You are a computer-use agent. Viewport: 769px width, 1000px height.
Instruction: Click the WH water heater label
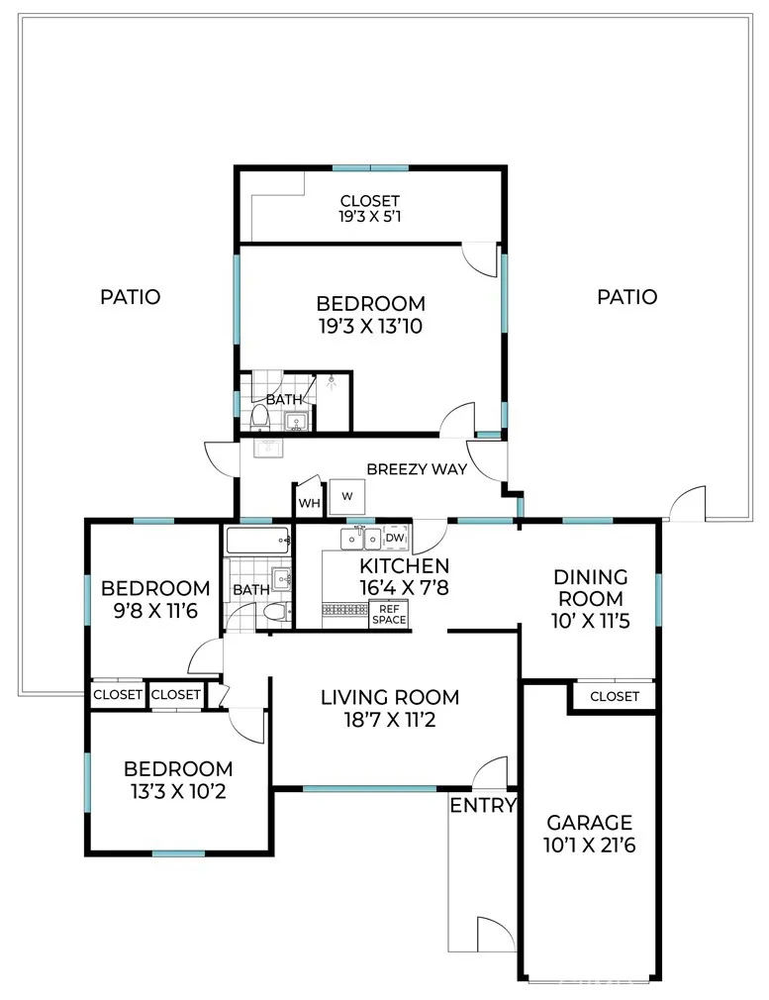[x=309, y=503]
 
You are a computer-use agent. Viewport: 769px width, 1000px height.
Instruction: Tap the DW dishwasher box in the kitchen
[x=395, y=539]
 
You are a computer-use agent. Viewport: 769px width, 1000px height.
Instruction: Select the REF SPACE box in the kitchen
[x=389, y=615]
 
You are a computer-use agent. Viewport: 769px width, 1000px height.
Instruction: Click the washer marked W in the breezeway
[x=346, y=496]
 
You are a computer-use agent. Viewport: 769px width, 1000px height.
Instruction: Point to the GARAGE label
[x=590, y=822]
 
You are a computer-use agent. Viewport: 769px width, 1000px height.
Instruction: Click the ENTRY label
[x=483, y=806]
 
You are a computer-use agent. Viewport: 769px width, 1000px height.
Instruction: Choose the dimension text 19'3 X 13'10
[x=370, y=327]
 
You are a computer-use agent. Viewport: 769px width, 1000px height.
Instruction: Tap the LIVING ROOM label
[x=390, y=697]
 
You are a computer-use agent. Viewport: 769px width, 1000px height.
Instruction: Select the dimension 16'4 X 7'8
[x=404, y=587]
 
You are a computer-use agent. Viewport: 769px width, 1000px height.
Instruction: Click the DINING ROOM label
[x=590, y=588]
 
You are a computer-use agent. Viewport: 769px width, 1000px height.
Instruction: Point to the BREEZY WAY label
[x=417, y=469]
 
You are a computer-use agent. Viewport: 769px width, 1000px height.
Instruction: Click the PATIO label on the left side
[x=131, y=297]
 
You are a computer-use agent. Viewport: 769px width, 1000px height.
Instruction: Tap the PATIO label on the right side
[x=627, y=297]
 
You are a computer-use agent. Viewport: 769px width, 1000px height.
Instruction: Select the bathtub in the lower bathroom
[x=258, y=542]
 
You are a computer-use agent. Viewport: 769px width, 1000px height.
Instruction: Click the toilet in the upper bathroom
[x=260, y=416]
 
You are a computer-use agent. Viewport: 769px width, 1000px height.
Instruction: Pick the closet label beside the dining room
[x=615, y=696]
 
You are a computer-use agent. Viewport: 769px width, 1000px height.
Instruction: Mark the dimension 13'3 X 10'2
[x=178, y=792]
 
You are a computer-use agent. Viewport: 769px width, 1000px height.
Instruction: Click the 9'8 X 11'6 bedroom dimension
[x=155, y=612]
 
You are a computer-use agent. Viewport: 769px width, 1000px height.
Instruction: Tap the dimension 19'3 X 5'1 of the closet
[x=370, y=216]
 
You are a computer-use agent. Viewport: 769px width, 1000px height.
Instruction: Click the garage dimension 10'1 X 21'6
[x=590, y=846]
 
